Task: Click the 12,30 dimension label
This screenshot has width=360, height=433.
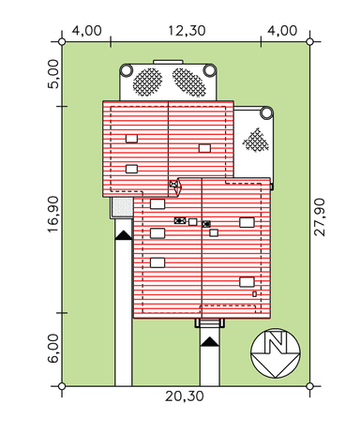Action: pyautogui.click(x=187, y=31)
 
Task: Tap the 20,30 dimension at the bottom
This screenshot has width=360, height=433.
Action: pyautogui.click(x=185, y=396)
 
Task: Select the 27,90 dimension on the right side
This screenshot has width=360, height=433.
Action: pyautogui.click(x=320, y=217)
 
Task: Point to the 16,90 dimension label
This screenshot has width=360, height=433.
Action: pyautogui.click(x=53, y=214)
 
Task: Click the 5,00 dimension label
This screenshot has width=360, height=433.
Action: pyautogui.click(x=53, y=74)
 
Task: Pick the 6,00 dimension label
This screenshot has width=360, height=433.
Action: pyautogui.click(x=53, y=349)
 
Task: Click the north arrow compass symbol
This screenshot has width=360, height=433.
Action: pyautogui.click(x=276, y=353)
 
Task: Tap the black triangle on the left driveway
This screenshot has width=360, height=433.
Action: pyautogui.click(x=124, y=235)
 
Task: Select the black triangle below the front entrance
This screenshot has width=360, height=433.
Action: pyautogui.click(x=209, y=341)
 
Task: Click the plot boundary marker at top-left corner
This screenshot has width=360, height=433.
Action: pyautogui.click(x=62, y=41)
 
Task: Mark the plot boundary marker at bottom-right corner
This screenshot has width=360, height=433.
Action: pyautogui.click(x=309, y=386)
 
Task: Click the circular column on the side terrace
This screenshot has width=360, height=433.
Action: pyautogui.click(x=266, y=112)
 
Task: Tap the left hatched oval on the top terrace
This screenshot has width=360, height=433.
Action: pyautogui.click(x=147, y=82)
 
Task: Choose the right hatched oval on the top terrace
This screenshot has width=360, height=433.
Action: pyautogui.click(x=189, y=82)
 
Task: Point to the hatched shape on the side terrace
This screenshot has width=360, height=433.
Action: pyautogui.click(x=256, y=140)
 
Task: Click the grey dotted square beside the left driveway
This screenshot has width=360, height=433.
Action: pyautogui.click(x=122, y=206)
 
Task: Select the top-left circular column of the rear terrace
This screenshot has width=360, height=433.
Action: pyautogui.click(x=126, y=70)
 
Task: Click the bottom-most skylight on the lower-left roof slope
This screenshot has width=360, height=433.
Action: pyautogui.click(x=157, y=262)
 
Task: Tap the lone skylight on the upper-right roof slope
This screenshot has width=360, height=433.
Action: pyautogui.click(x=204, y=148)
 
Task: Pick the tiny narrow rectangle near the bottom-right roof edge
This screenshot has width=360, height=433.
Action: pyautogui.click(x=255, y=294)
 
